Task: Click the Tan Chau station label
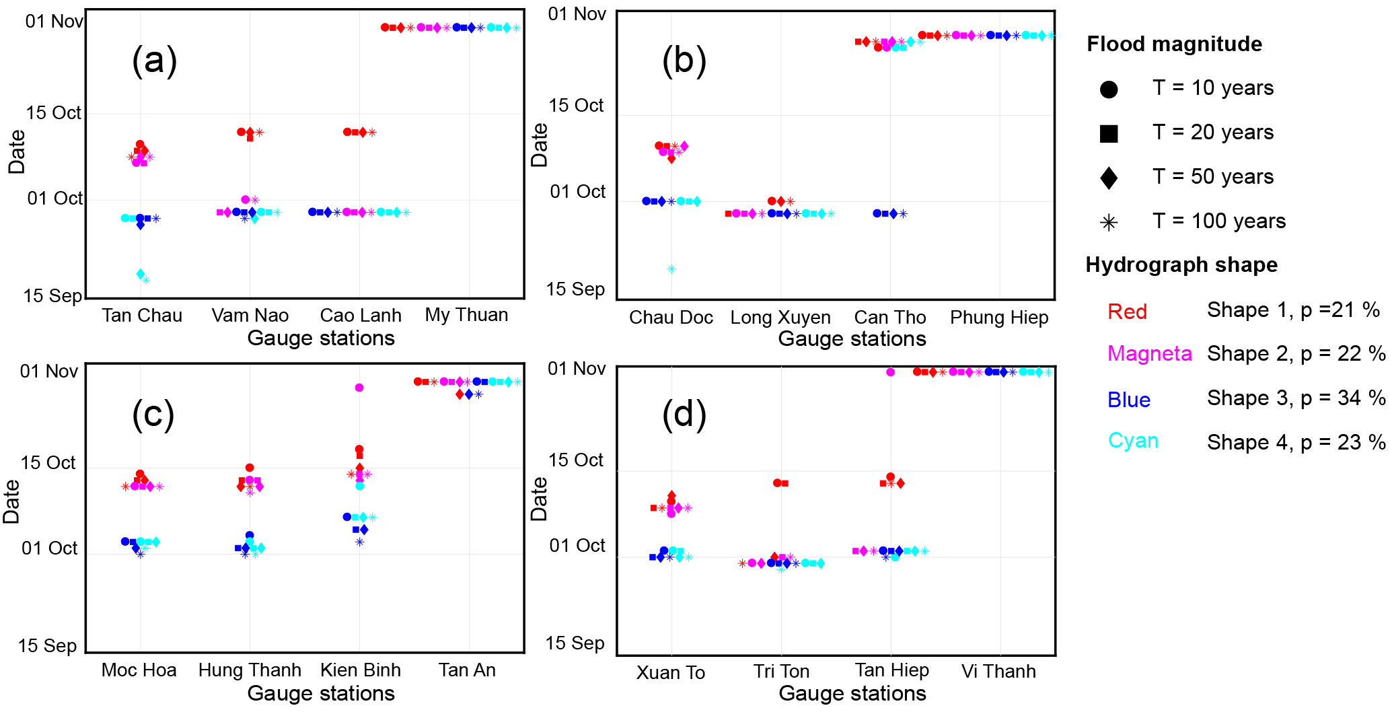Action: pos(142,315)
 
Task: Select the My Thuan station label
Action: pos(466,314)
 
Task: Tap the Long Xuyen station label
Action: pos(780,317)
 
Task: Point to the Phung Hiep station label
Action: pos(998,317)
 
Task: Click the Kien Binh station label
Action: pos(361,670)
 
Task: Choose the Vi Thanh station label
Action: pos(998,671)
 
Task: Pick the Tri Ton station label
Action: pos(781,671)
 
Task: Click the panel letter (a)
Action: pos(154,61)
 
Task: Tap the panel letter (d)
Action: pos(684,415)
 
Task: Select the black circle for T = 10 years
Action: pos(1109,90)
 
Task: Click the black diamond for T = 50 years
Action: pos(1109,178)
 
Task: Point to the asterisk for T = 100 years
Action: pos(1109,223)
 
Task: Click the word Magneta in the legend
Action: pos(1149,353)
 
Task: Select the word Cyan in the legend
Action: pos(1133,440)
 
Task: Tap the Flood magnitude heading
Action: pos(1174,44)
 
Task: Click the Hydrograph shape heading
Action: pos(1181,264)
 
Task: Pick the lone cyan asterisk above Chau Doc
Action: pos(671,269)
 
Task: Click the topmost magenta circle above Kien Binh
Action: pos(359,388)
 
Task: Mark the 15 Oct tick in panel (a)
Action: pos(53,112)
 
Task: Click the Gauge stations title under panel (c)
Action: pos(321,693)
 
